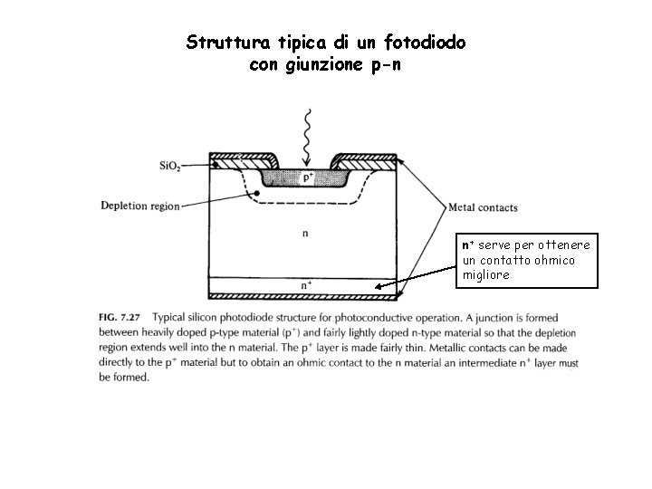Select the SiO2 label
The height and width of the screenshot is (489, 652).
[169, 167]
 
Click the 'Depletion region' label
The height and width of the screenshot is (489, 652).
[139, 206]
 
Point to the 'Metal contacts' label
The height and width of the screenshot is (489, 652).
[483, 207]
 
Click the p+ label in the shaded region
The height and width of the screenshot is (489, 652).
[308, 177]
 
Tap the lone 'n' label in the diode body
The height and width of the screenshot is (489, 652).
[304, 233]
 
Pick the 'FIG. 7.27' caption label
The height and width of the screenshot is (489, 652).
[120, 318]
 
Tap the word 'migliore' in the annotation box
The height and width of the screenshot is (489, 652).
[486, 273]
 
